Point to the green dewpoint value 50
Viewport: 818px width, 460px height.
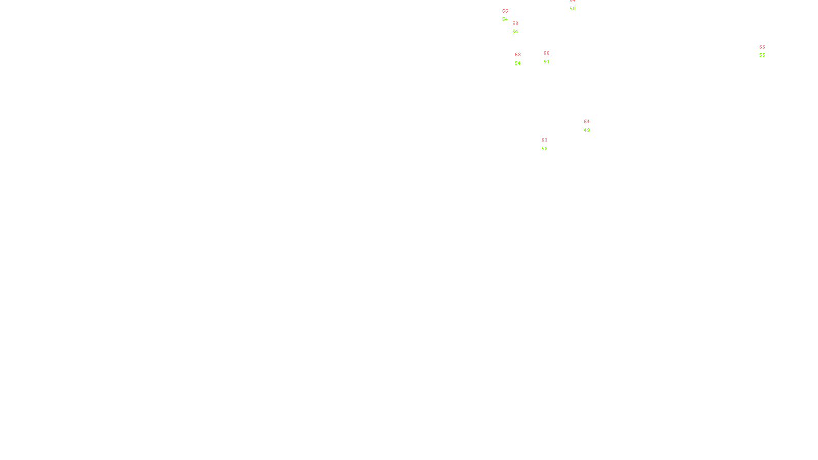(573, 9)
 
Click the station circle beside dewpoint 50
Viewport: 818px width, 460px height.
(577, 5)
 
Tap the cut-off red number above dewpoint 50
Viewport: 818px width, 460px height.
(573, 1)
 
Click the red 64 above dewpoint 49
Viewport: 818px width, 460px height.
(587, 122)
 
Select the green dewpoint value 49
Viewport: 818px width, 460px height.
(587, 130)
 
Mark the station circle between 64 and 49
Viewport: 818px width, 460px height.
(592, 126)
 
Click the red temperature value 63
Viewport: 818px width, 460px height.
(544, 140)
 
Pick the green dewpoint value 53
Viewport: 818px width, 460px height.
(544, 149)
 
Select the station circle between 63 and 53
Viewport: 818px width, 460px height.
(549, 144)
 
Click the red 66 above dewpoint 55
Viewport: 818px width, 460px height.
(762, 47)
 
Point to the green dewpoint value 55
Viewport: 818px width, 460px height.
(762, 55)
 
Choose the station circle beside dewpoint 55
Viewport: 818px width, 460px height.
(767, 51)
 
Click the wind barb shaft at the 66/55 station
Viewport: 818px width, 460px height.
(767, 58)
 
